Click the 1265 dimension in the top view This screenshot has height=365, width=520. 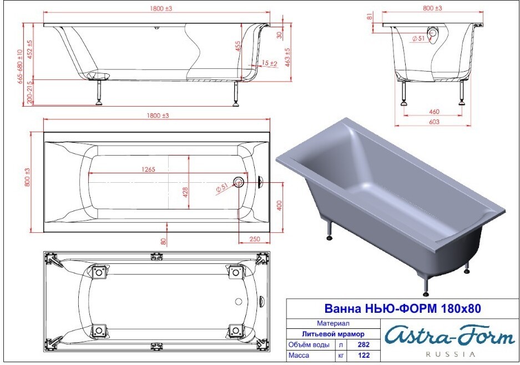pyautogui.click(x=148, y=169)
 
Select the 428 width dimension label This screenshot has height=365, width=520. pyautogui.click(x=185, y=192)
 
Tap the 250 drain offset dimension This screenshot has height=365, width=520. pyautogui.click(x=255, y=239)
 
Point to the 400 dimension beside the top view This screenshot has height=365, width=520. pyautogui.click(x=279, y=206)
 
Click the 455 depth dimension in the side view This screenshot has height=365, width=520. pyautogui.click(x=238, y=46)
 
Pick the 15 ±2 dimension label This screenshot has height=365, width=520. pyautogui.click(x=269, y=63)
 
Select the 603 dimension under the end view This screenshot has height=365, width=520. pyautogui.click(x=434, y=122)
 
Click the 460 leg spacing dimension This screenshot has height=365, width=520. pyautogui.click(x=434, y=112)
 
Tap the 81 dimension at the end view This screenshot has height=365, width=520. pyautogui.click(x=370, y=16)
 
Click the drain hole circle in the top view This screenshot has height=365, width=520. pyautogui.click(x=238, y=182)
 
